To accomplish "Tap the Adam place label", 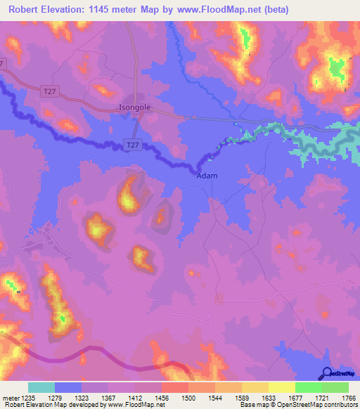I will click(207, 176).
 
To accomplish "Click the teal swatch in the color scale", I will click(41, 387).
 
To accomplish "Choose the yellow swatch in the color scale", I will click(281, 387).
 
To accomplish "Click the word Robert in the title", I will click(26, 9).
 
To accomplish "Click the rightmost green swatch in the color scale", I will click(335, 387).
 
